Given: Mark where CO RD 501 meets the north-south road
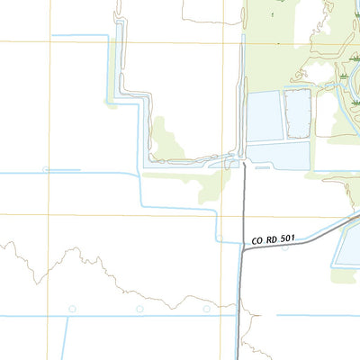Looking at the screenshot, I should click(x=243, y=250).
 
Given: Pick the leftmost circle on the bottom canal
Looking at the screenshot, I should click(x=67, y=309).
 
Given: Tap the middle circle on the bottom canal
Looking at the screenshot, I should click(x=139, y=309).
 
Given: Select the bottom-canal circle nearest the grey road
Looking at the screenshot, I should click(x=210, y=309).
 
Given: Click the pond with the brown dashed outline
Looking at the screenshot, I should click(x=298, y=113).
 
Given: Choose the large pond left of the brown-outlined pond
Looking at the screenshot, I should click(x=265, y=116).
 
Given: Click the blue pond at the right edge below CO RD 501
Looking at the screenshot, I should click(x=347, y=247).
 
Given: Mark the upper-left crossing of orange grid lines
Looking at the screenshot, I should click(x=49, y=40).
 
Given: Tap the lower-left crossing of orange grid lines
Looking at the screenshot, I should click(x=49, y=215).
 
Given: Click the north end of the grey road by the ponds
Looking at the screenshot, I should click(x=244, y=164).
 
